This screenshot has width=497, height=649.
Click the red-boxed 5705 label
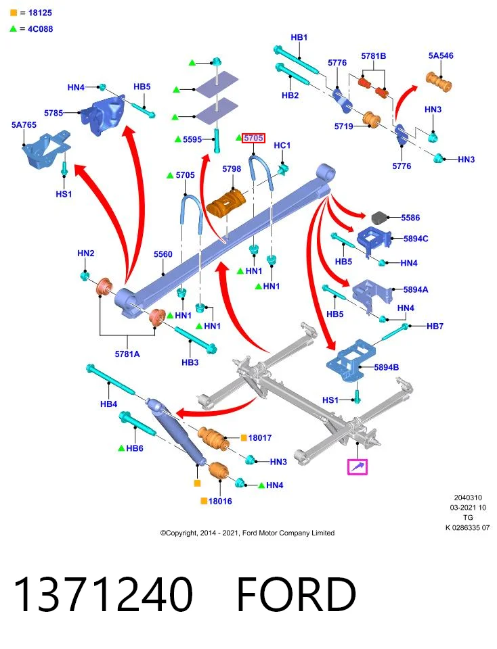(253, 138)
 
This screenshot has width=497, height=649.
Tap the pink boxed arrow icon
(358, 467)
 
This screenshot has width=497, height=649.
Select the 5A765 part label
(24, 124)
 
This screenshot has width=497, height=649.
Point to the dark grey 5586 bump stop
(379, 218)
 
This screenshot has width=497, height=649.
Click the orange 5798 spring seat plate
(226, 203)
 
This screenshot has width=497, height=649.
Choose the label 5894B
(387, 367)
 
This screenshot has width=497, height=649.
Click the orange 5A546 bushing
(439, 82)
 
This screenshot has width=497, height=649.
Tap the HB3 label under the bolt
(190, 362)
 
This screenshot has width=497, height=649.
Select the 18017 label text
(260, 437)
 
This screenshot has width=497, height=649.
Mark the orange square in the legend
(14, 13)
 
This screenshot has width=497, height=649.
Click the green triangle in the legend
(14, 28)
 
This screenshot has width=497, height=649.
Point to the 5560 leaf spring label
(163, 254)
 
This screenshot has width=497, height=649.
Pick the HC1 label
(282, 145)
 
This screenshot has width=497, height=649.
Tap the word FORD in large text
(296, 594)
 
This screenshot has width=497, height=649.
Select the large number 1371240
(103, 594)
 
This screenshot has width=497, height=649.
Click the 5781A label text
(127, 354)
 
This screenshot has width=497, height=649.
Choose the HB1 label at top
(299, 37)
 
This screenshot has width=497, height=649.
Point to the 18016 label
(220, 501)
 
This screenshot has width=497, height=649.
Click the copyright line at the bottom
(247, 533)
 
